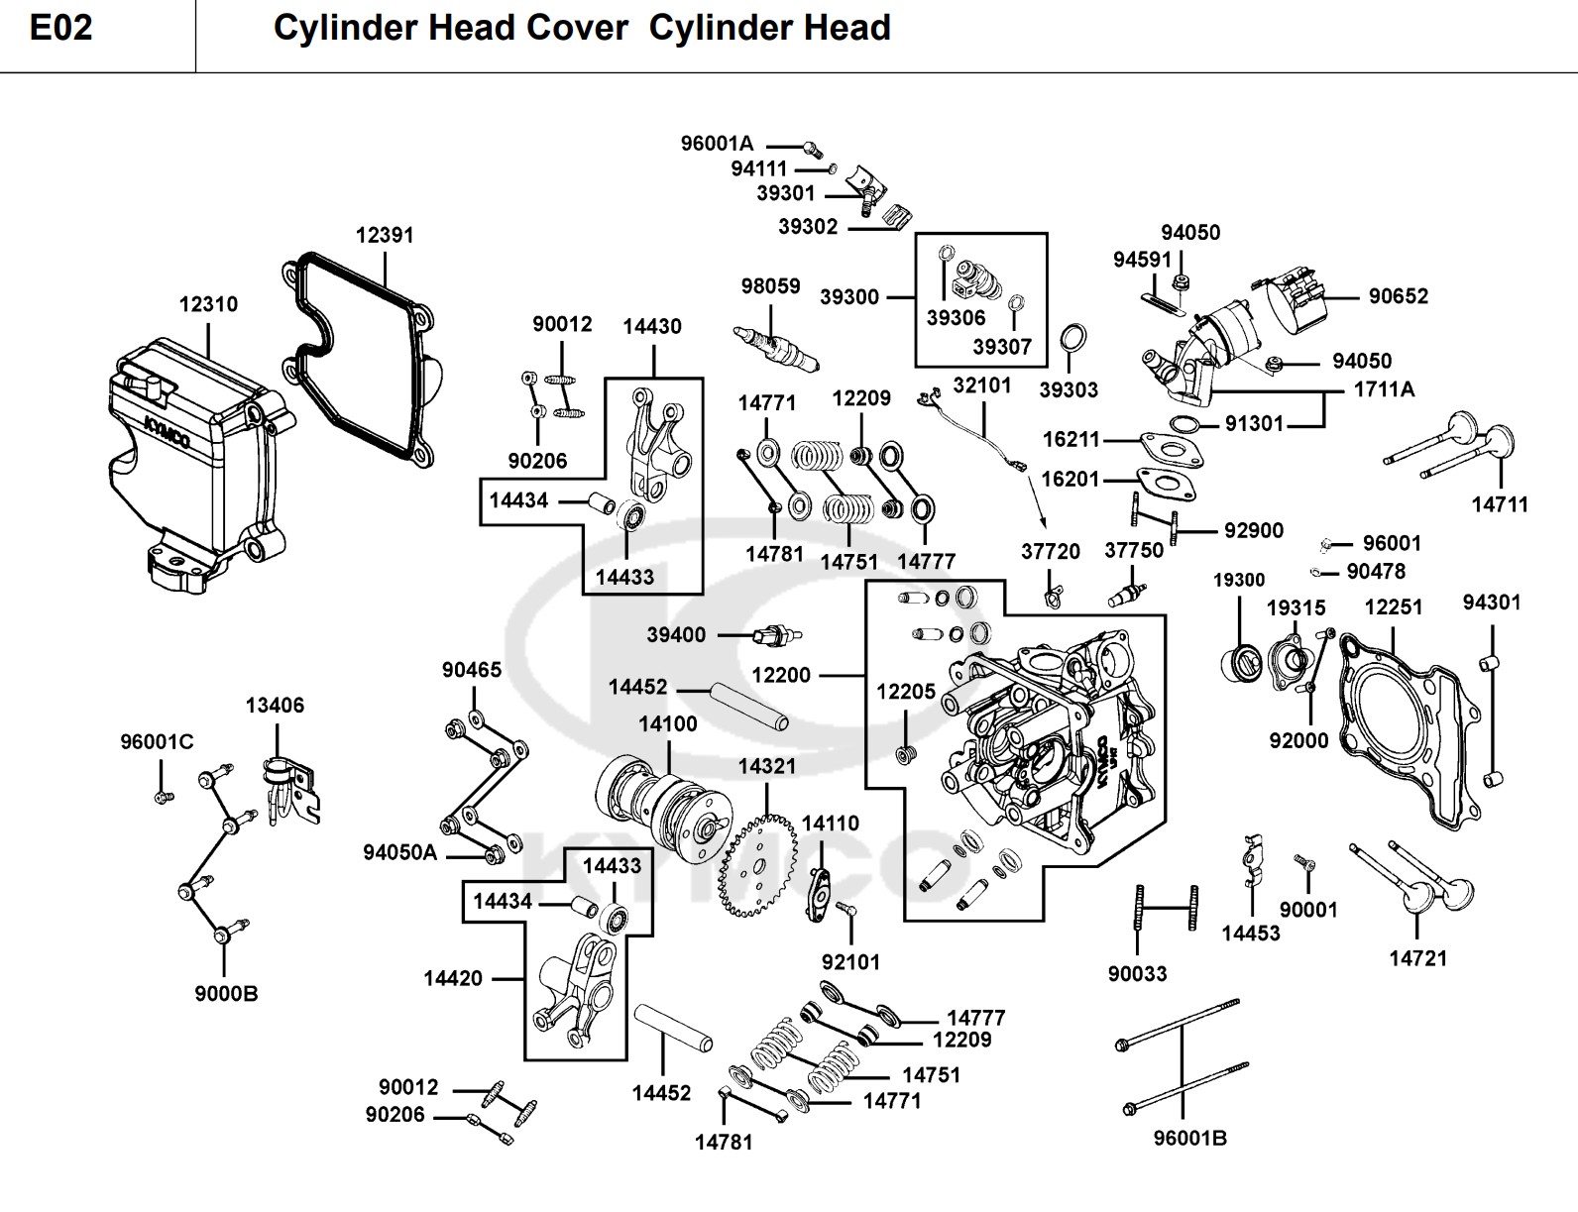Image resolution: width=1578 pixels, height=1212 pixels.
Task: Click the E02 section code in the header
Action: click(61, 28)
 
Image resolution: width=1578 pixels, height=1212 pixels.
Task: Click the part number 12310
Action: click(208, 304)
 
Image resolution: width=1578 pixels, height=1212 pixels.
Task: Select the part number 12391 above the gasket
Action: click(385, 235)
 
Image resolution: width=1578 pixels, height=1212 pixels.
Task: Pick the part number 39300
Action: click(848, 297)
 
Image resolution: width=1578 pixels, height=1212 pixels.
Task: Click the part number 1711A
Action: click(1384, 389)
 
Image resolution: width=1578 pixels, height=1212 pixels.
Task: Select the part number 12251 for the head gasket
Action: click(1393, 607)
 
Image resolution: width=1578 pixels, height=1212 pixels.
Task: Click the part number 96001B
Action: click(1190, 1138)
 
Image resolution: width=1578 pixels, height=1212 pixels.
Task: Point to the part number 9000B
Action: click(226, 994)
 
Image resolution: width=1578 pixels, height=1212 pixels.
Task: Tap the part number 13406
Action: click(275, 706)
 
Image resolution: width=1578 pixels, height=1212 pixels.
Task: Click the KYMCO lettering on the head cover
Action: click(168, 432)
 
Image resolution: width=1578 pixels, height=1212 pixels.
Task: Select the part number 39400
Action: click(676, 635)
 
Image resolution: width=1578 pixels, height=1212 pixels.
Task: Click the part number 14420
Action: click(452, 978)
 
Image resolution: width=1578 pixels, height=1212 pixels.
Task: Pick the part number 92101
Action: click(850, 962)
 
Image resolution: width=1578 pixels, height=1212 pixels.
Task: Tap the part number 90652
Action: click(1398, 296)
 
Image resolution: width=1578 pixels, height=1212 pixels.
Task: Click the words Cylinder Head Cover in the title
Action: click(450, 28)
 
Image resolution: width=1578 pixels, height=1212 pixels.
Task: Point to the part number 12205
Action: click(906, 692)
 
